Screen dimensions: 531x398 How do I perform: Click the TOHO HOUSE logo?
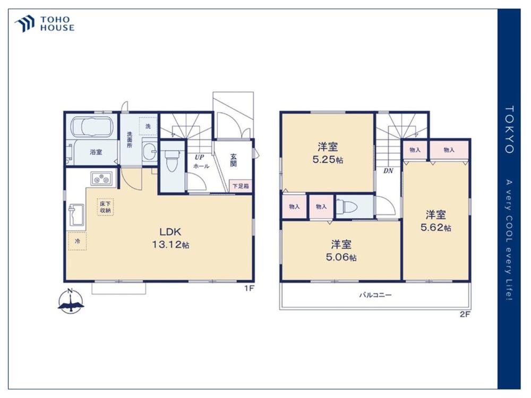[44, 24]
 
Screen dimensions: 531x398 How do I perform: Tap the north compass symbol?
[71, 301]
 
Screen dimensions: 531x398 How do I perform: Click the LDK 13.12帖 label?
[170, 238]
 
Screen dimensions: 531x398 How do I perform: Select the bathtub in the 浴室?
[92, 127]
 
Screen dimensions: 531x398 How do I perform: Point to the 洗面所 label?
[130, 140]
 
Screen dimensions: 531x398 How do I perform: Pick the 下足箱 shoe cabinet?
[241, 186]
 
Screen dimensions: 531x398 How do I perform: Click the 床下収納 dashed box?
[105, 207]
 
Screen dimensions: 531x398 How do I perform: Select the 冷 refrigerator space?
[77, 241]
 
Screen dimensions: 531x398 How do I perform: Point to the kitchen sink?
[76, 214]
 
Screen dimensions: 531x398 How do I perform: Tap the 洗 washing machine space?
[148, 126]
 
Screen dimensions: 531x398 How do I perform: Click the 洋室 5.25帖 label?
[328, 153]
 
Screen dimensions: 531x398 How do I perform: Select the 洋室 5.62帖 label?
[436, 221]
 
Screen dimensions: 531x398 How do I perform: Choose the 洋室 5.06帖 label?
[341, 250]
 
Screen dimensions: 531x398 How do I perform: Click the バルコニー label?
[375, 295]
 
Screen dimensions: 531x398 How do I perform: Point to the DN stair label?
[388, 171]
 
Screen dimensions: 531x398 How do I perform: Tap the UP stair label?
[199, 158]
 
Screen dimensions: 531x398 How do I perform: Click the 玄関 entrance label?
[233, 160]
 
